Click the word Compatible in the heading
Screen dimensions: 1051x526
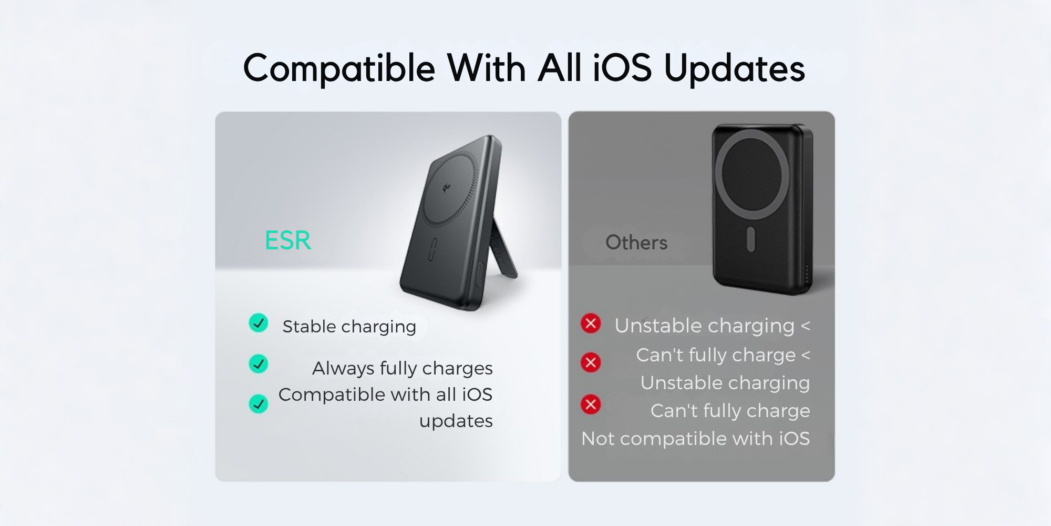point(339,68)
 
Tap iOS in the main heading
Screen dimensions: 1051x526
point(622,68)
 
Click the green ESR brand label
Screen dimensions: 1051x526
point(287,240)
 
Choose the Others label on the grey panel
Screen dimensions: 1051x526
point(636,242)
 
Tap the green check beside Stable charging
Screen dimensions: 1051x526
point(258,323)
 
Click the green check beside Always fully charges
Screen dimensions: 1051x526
point(258,363)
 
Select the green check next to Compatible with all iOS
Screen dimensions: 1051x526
point(258,403)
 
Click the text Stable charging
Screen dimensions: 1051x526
point(349,327)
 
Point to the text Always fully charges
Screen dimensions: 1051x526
point(403,368)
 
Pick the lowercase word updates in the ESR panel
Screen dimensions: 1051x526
point(456,421)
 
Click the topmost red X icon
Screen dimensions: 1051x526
point(591,323)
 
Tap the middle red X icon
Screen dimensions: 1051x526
point(591,362)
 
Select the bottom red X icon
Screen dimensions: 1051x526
point(591,404)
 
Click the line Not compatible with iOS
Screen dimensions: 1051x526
point(695,439)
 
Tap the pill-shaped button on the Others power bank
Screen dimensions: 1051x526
point(750,239)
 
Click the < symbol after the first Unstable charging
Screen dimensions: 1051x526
point(805,326)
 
